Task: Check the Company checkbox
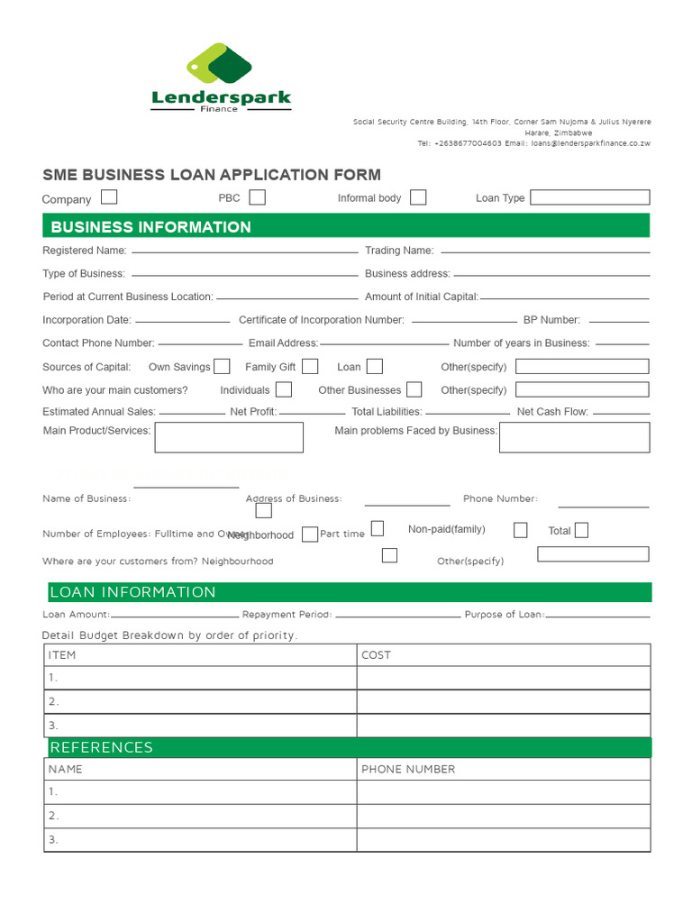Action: [x=109, y=196]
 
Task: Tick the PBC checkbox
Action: [x=257, y=196]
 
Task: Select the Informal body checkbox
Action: [x=417, y=196]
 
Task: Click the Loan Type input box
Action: [x=589, y=196]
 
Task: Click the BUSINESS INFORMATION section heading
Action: [x=150, y=226]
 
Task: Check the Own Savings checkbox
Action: [x=222, y=366]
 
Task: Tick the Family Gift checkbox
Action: [x=310, y=366]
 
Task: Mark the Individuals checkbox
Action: [x=283, y=389]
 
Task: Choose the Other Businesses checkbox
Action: [x=414, y=389]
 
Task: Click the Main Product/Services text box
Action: [x=229, y=437]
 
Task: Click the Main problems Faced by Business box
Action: [x=574, y=437]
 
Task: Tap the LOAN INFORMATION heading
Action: [x=132, y=592]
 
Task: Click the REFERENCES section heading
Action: [x=101, y=747]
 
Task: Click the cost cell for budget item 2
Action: [x=503, y=701]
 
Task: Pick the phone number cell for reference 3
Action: [x=503, y=839]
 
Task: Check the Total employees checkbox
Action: [x=581, y=530]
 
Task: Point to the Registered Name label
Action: [x=84, y=251]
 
